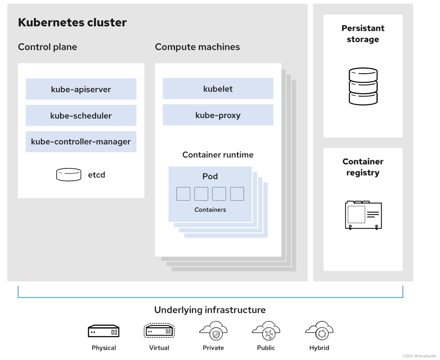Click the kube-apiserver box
point(81,89)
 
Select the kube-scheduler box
point(81,116)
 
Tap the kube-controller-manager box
point(81,142)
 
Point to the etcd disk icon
point(68,175)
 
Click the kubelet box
point(218,89)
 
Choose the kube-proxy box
point(218,115)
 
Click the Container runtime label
point(218,155)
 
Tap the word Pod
point(210,176)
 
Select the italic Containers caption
point(210,210)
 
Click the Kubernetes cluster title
point(72,22)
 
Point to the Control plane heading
point(47,47)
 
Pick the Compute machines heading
point(197,47)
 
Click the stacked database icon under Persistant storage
point(363,86)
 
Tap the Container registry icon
point(363,214)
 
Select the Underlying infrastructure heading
point(210,310)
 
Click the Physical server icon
point(103,331)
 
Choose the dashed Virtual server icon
point(159,331)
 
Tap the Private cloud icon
point(213,331)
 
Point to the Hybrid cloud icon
point(319,331)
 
